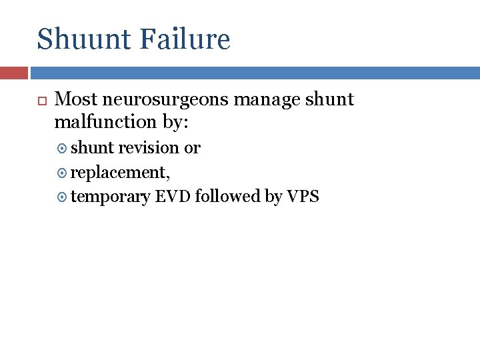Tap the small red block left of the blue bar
[14, 73]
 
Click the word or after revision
[192, 148]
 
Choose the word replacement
[120, 173]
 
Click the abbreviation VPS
[303, 197]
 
